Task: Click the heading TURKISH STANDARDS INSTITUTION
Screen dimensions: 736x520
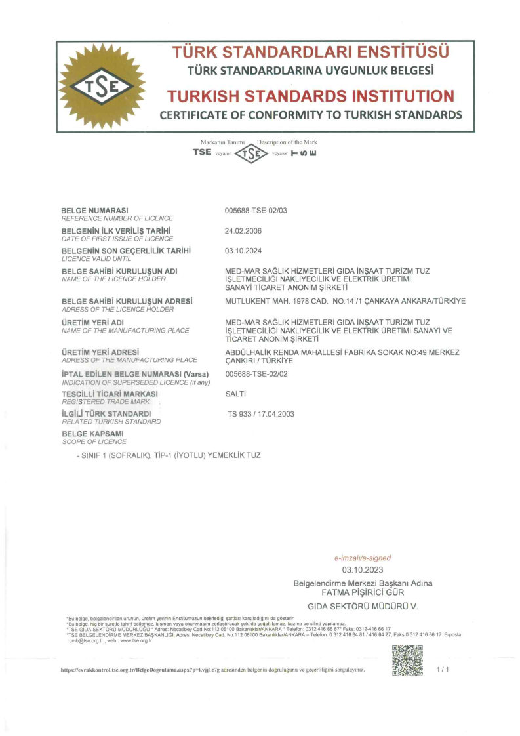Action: click(310, 96)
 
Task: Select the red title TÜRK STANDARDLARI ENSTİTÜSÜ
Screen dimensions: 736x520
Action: click(310, 52)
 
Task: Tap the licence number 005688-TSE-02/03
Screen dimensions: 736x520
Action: click(256, 210)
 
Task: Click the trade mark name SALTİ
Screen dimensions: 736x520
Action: click(235, 394)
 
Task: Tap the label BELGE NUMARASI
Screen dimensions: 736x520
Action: click(94, 210)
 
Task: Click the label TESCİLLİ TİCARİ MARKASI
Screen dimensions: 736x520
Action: click(110, 394)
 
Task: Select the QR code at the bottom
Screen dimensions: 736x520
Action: click(407, 661)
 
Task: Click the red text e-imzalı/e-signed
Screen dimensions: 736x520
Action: click(362, 558)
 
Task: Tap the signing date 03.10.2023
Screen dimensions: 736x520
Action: click(362, 570)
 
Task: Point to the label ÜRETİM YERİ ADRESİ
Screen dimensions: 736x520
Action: click(100, 352)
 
